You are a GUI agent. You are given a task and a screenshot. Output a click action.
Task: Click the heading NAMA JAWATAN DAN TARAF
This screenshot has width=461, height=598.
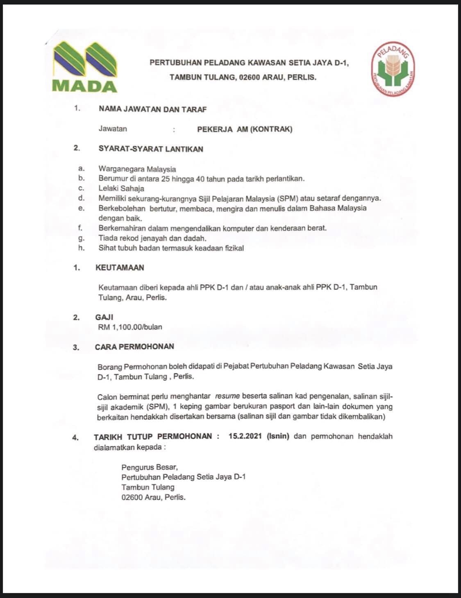tap(152, 109)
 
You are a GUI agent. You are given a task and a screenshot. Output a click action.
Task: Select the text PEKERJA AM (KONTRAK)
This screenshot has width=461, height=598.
tap(245, 129)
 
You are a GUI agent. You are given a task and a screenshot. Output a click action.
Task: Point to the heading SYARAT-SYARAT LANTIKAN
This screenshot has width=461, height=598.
tap(150, 149)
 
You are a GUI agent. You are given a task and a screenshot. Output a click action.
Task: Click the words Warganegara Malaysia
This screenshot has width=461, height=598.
tap(137, 169)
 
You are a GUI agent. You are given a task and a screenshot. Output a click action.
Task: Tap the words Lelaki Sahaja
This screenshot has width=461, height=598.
tap(121, 188)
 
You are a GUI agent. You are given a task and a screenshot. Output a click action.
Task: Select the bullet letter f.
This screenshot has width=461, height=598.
tap(81, 228)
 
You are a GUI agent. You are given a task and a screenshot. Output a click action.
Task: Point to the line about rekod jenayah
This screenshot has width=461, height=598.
tap(152, 238)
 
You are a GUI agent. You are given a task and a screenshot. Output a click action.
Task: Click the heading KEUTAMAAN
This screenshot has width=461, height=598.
tap(119, 268)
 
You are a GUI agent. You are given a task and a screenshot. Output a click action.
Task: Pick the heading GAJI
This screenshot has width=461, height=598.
tap(104, 317)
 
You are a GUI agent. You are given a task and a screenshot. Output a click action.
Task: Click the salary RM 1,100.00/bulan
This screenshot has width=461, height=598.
tap(130, 327)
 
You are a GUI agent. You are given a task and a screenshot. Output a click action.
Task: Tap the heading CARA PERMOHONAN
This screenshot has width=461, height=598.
tap(134, 347)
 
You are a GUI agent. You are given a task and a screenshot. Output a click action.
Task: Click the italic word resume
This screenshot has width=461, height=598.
tap(227, 396)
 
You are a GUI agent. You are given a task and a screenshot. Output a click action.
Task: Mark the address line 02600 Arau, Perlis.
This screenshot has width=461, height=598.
tap(153, 498)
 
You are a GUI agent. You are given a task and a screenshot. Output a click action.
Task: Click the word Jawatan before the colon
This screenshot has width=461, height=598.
tap(113, 129)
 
